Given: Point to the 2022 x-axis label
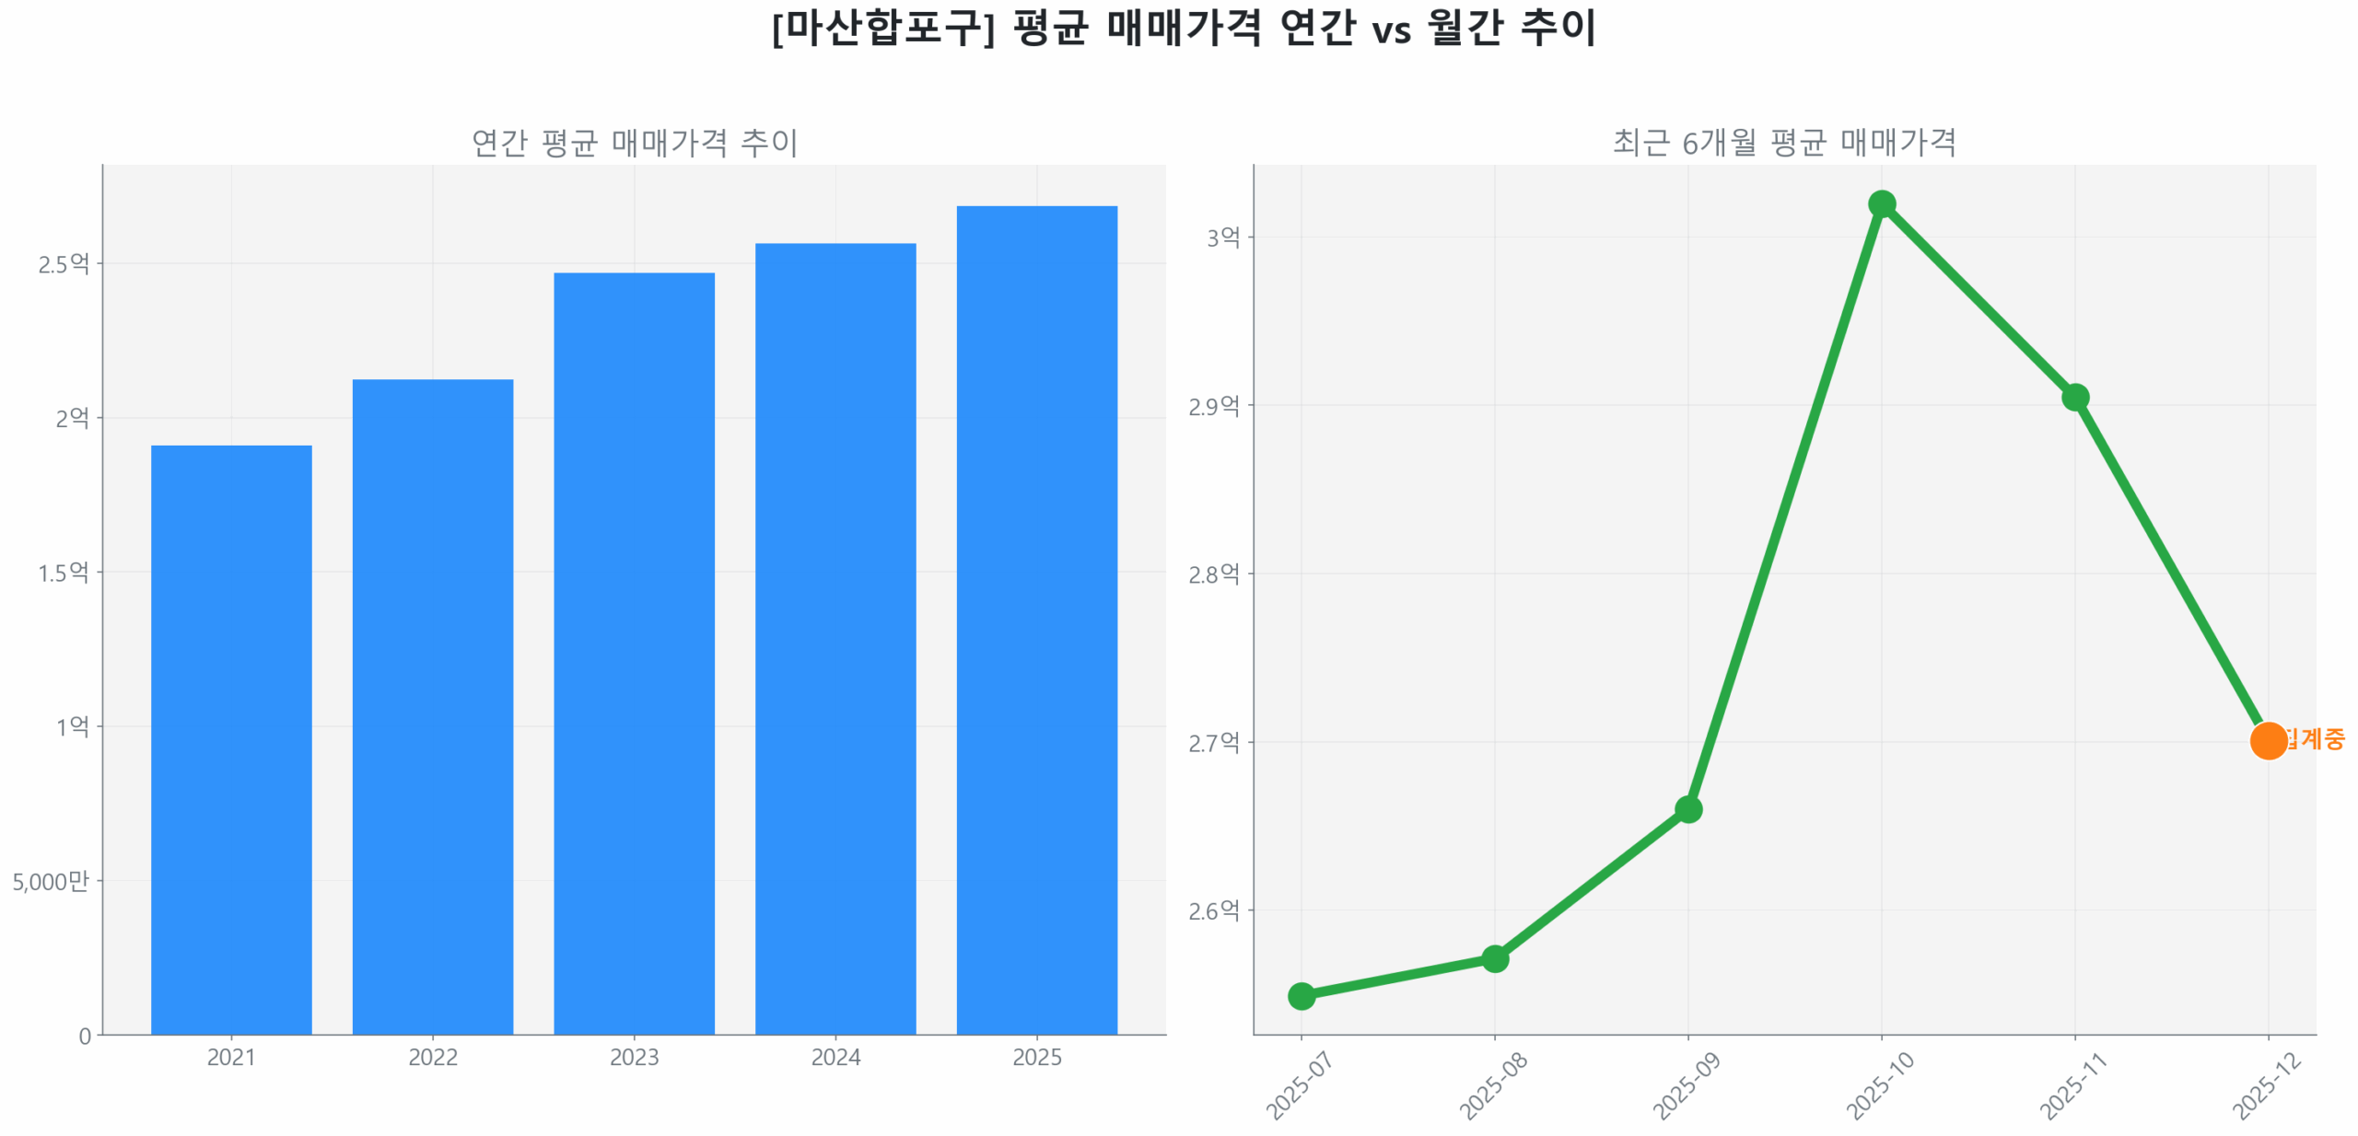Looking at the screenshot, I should click(432, 1057).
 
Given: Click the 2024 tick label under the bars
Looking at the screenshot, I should click(835, 1057).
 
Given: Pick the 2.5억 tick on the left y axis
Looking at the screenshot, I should click(64, 264).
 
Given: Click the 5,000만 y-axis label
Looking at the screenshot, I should click(51, 881).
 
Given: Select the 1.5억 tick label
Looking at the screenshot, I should click(64, 573).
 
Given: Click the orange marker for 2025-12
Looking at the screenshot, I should click(2268, 740).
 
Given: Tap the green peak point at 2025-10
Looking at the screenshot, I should click(1882, 203).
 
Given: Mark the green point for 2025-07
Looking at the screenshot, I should click(1302, 995).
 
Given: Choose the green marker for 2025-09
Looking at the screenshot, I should click(1688, 809).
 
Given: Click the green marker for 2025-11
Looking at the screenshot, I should click(2075, 397).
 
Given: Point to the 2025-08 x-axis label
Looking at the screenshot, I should click(1493, 1086).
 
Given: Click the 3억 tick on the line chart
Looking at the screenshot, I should click(1223, 238).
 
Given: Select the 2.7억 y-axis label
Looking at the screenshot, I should click(1214, 742).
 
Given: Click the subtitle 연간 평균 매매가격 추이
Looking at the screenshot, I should click(634, 143).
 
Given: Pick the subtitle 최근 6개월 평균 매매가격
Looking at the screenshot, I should click(1784, 143).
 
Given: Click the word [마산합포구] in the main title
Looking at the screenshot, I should click(883, 28).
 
